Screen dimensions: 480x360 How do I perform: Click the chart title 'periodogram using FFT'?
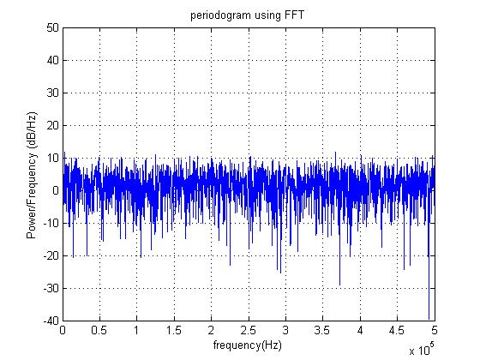[x=248, y=15]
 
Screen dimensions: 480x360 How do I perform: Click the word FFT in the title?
[x=295, y=15]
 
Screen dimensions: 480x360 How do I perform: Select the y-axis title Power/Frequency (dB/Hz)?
[x=32, y=175]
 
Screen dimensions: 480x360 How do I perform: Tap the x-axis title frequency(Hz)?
[x=248, y=345]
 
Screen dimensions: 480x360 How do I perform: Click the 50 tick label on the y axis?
[x=52, y=27]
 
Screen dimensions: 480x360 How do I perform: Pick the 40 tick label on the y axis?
[x=52, y=60]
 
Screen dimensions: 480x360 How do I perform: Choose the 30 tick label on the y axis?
[x=52, y=93]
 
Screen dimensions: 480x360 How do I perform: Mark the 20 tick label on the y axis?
[x=52, y=125]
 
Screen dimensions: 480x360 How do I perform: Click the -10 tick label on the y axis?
[x=51, y=223]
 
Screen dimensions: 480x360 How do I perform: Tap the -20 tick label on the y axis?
[x=51, y=255]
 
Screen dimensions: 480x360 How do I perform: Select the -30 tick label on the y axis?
[x=51, y=288]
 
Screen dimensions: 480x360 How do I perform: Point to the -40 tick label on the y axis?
[x=51, y=321]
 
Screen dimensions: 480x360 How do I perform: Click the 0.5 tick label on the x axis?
[x=99, y=330]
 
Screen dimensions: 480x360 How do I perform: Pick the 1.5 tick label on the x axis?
[x=174, y=330]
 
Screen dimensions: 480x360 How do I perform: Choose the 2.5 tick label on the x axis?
[x=249, y=330]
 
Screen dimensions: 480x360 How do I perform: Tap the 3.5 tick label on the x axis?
[x=322, y=330]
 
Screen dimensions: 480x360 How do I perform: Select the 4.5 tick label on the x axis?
[x=397, y=330]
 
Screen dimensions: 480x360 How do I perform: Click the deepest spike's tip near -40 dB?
[x=429, y=319]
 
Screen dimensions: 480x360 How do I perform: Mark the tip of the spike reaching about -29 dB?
[x=339, y=285]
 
